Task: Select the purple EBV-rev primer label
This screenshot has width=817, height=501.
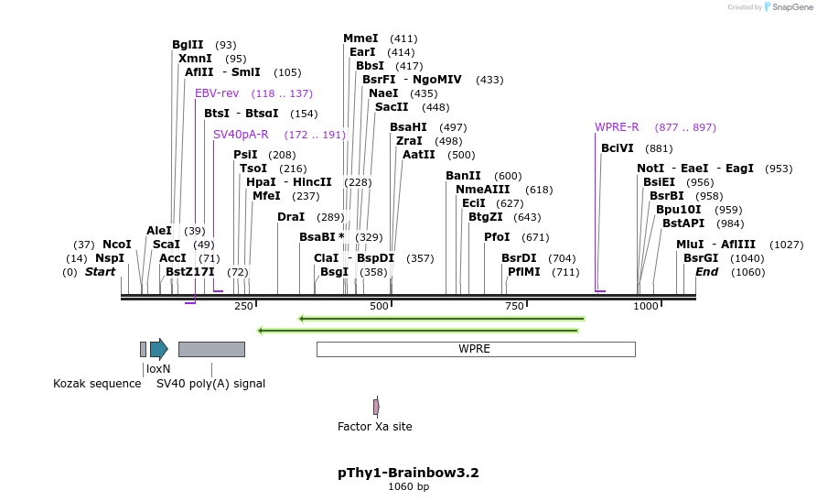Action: coord(217,93)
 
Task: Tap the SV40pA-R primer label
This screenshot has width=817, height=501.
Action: coord(241,135)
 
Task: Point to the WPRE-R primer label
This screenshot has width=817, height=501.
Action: coord(617,127)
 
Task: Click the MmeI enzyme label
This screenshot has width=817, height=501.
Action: coord(360,38)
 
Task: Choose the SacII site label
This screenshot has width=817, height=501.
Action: coord(392,107)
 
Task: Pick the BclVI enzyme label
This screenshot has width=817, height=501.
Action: coord(618,148)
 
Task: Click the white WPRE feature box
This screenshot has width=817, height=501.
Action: coord(475,349)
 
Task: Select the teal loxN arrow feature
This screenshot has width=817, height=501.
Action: coord(159,348)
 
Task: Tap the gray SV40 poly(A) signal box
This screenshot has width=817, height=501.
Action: coord(211,349)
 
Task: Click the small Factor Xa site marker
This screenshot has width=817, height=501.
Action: coord(376,407)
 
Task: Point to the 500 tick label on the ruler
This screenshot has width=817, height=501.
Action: coord(379,306)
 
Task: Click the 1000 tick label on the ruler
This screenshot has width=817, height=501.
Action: coord(646,306)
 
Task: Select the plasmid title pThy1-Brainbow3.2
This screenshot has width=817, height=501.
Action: coord(408,473)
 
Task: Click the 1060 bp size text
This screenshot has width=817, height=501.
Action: coord(408,487)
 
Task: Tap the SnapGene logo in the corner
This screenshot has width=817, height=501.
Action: coord(785,7)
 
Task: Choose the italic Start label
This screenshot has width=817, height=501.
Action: coord(101,272)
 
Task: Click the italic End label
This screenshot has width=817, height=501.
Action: coord(707,272)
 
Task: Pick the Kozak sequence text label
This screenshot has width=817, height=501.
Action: coord(97,384)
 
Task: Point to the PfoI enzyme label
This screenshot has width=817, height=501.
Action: coord(497,237)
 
